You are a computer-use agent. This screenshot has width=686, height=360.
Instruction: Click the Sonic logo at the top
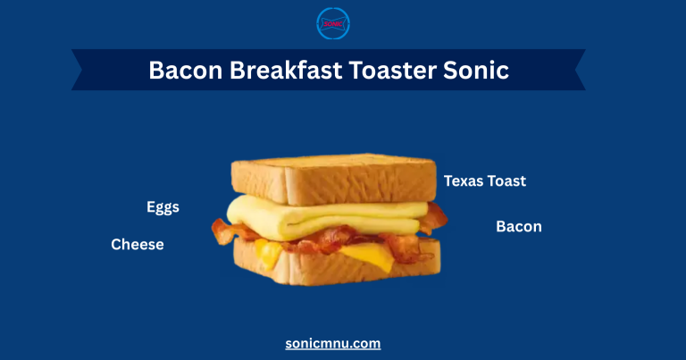[333, 24]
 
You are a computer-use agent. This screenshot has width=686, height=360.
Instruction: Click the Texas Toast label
[485, 181]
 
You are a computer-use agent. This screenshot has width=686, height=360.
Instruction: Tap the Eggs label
[163, 207]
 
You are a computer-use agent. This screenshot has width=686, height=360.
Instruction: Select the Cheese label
[138, 244]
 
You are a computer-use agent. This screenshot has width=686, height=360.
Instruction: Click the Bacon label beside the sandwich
[519, 227]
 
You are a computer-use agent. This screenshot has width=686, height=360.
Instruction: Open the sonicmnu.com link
[333, 343]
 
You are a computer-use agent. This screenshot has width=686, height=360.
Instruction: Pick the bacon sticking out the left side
[222, 230]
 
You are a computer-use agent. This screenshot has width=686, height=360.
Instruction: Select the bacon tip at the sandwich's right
[435, 217]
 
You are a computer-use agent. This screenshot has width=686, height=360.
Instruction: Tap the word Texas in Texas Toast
[464, 181]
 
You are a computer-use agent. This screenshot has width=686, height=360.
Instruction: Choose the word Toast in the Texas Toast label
[506, 181]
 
